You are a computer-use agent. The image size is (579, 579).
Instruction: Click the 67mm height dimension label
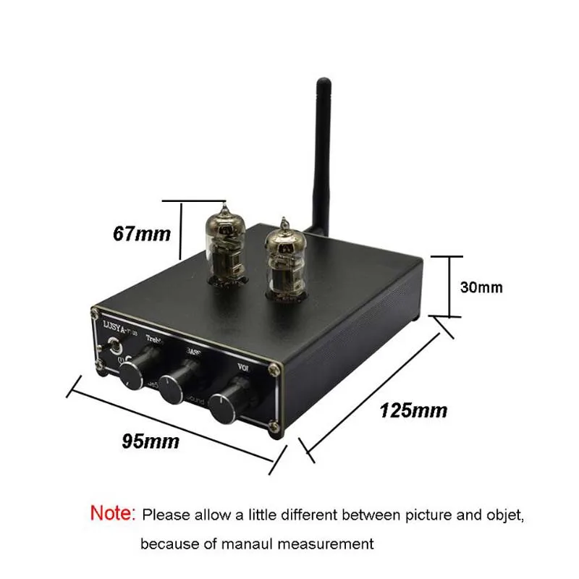point(142,234)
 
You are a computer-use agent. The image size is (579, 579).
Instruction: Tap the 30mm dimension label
point(481,287)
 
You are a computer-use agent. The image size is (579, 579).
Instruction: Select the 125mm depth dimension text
point(413,411)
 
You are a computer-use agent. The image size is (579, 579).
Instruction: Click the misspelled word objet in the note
point(502,515)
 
